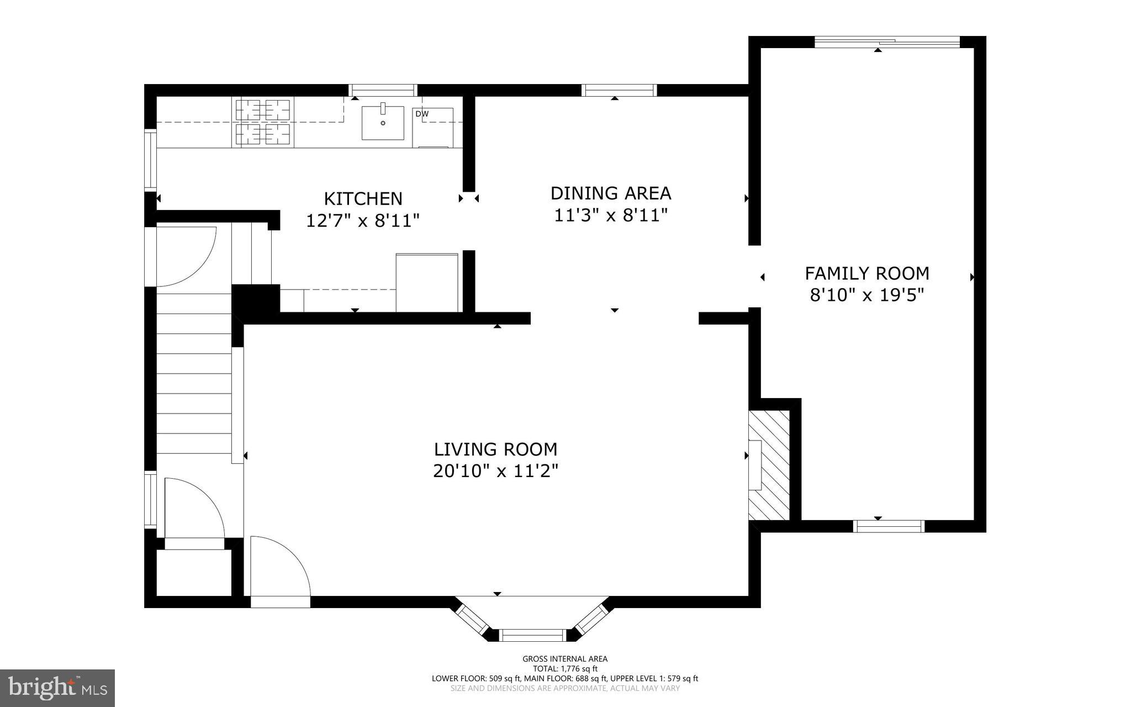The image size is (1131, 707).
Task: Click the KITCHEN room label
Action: click(x=363, y=198)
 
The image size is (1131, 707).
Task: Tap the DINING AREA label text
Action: click(x=611, y=193)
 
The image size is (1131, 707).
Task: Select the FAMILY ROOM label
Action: click(x=866, y=274)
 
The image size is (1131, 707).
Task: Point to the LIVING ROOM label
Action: click(x=495, y=449)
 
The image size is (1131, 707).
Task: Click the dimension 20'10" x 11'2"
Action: click(x=495, y=471)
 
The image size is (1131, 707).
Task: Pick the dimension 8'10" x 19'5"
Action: click(x=866, y=295)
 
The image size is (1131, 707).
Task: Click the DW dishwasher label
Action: click(x=422, y=114)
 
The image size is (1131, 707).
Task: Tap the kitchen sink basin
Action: click(x=383, y=123)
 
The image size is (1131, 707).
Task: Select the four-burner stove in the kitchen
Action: click(x=263, y=122)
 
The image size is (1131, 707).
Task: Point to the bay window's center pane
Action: click(x=533, y=635)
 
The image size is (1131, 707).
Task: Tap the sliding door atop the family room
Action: click(x=887, y=42)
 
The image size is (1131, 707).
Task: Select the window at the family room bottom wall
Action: click(x=889, y=526)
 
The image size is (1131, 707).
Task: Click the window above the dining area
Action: click(x=619, y=90)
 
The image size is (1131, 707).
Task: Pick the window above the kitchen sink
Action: click(x=383, y=90)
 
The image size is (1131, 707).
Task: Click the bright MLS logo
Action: click(x=57, y=688)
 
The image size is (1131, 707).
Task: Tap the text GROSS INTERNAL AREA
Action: click(x=565, y=659)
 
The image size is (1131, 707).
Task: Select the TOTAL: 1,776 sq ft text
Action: click(x=565, y=668)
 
